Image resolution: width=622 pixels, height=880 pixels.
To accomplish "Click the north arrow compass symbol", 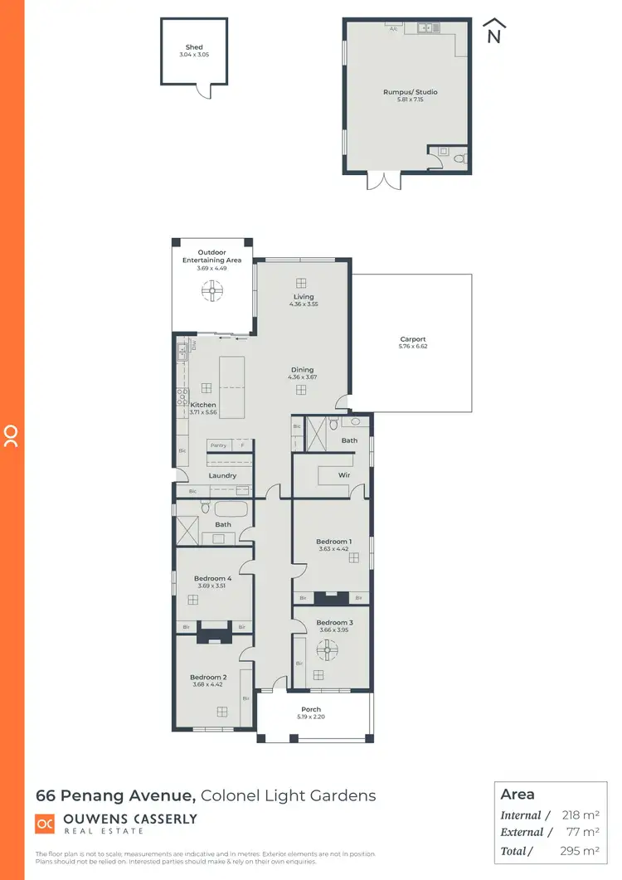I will (x=493, y=32).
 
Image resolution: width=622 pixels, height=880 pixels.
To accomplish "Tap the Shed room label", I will (x=194, y=48).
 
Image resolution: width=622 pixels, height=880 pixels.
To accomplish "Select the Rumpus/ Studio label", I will (x=410, y=92).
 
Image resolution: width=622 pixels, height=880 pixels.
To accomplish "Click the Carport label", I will (x=413, y=339).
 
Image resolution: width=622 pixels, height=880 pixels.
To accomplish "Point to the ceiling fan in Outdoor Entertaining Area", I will (x=212, y=289).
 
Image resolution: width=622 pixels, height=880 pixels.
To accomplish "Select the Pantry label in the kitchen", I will (x=217, y=445).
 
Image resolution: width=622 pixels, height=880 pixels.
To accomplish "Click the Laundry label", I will (x=222, y=475).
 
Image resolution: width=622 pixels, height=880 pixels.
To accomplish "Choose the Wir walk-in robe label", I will (x=344, y=475).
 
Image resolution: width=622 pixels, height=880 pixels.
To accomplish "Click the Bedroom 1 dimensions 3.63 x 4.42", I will (x=334, y=549).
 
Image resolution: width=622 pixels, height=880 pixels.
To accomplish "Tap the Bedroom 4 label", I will (x=211, y=578).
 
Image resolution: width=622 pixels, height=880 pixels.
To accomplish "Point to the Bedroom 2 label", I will (x=207, y=677).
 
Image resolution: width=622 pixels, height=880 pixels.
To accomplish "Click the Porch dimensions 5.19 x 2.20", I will (x=311, y=717).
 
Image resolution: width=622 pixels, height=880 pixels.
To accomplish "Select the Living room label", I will (x=304, y=296).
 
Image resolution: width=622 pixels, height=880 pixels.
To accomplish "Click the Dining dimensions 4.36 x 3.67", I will (x=303, y=377).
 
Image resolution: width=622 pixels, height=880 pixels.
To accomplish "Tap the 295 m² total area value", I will (x=579, y=851).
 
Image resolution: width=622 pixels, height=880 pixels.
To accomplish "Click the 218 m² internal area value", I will (x=579, y=816).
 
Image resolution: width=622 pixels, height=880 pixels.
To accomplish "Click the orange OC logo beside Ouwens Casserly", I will (x=46, y=823).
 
